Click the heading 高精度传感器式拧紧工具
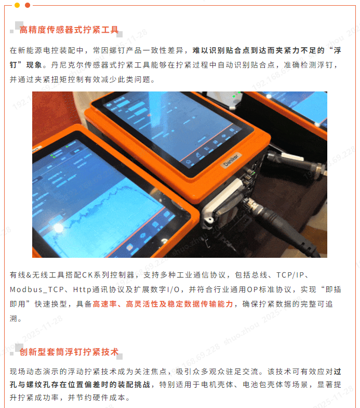tap(69, 30)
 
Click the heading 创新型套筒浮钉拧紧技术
tap(69, 352)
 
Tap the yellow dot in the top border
tap(17, 5)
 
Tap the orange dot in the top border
tap(28, 5)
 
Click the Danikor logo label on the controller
tap(231, 160)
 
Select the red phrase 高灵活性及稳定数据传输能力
tap(179, 304)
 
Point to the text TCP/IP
tap(290, 275)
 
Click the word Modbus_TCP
tap(37, 289)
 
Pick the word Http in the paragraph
tap(82, 289)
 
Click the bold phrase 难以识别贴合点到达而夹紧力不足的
tap(259, 50)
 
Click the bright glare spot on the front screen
tap(58, 228)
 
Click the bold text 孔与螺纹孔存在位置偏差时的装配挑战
tap(80, 385)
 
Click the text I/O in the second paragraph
tap(173, 289)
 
